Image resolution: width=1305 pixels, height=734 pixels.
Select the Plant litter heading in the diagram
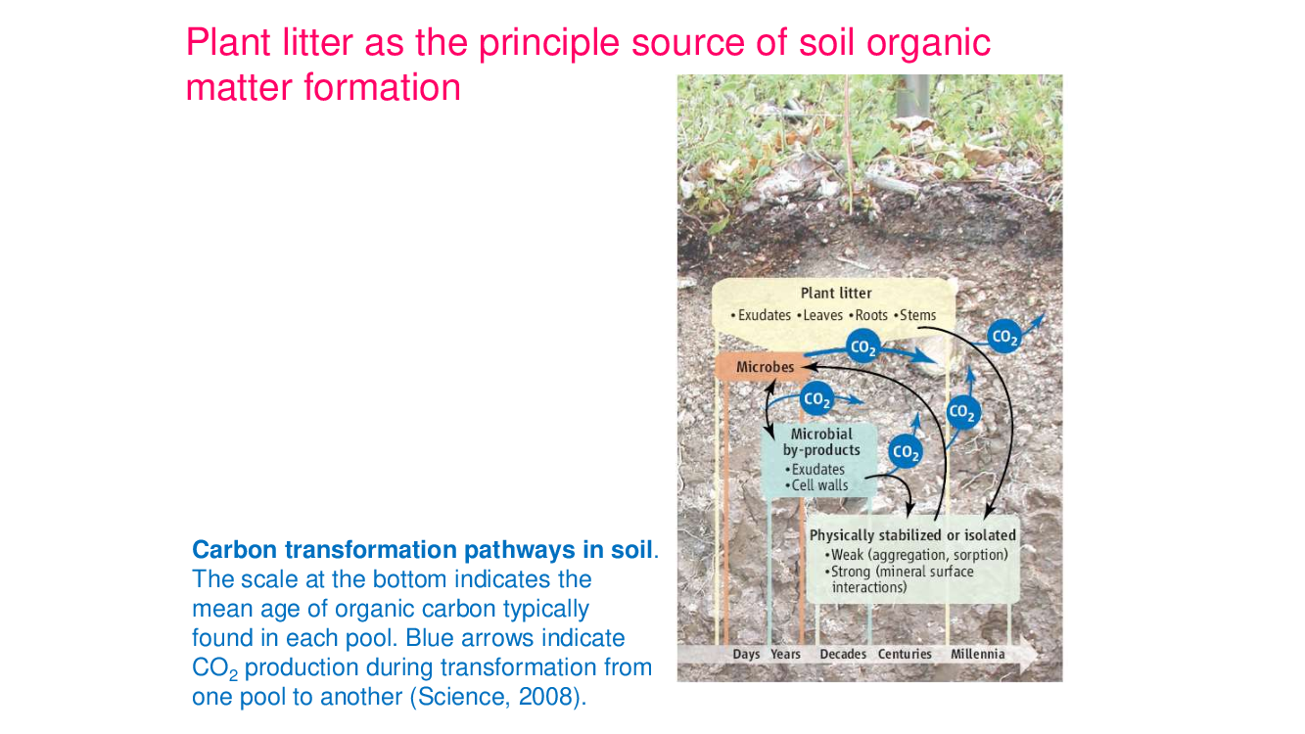[836, 293]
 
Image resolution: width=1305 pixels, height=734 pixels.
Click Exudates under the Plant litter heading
[761, 315]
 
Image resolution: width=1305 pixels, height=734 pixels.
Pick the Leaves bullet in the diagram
[819, 315]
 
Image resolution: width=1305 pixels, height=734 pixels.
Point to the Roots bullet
[868, 315]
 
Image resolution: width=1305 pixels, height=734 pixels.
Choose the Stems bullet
[914, 315]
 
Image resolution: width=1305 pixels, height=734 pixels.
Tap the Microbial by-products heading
[821, 442]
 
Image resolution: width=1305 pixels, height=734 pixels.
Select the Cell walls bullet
[816, 485]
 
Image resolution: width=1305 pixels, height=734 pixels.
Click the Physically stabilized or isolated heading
[913, 535]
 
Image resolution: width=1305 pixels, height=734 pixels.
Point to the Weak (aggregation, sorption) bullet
[916, 555]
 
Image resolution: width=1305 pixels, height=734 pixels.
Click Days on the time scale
[746, 654]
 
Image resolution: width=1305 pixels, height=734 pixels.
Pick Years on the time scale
[785, 654]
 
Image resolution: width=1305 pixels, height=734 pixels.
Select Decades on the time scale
[843, 654]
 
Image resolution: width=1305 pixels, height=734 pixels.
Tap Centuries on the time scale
[905, 654]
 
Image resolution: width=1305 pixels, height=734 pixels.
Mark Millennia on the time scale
[978, 654]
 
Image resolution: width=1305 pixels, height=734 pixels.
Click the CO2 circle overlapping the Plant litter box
[862, 346]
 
